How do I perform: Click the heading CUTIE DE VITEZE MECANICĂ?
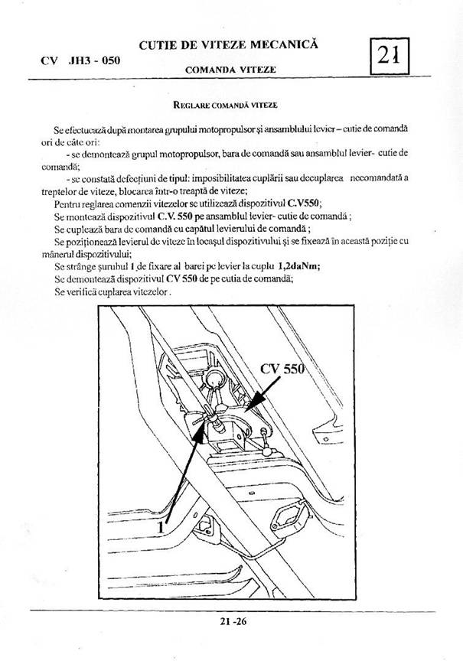[230, 47]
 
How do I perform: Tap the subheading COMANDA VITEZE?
[230, 70]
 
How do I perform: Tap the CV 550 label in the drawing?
[283, 368]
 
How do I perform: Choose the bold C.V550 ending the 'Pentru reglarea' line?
[305, 203]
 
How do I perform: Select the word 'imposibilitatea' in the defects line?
[216, 177]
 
